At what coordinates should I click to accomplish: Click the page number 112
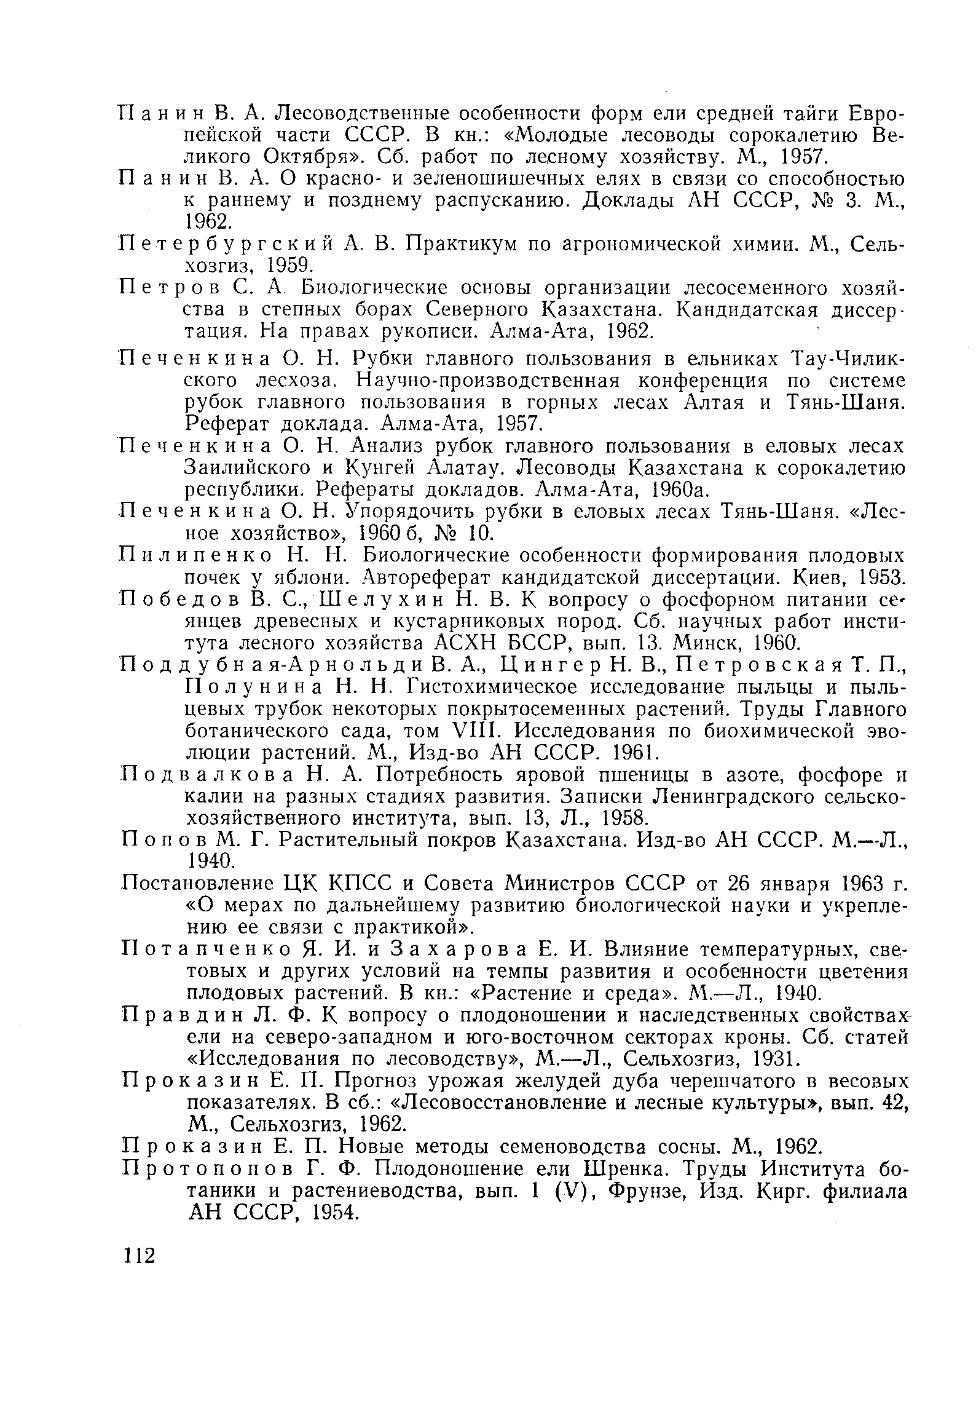140,1254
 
